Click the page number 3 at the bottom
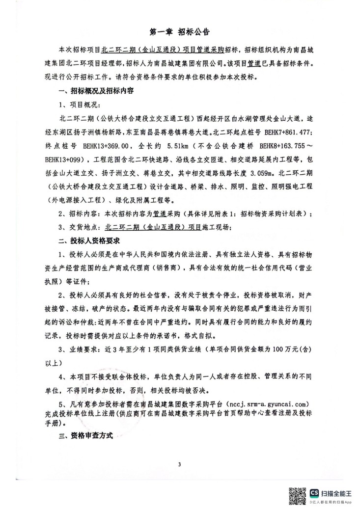coord(180,464)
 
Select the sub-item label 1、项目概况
coord(79,105)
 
